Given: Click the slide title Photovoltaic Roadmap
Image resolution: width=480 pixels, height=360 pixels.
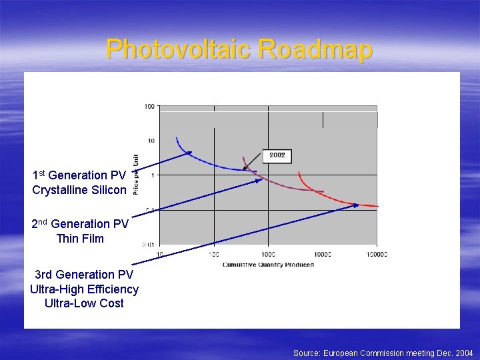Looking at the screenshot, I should click(x=239, y=49).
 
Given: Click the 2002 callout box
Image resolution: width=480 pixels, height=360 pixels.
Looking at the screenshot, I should click(x=277, y=155).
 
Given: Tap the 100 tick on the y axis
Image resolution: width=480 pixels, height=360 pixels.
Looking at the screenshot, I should click(x=149, y=106).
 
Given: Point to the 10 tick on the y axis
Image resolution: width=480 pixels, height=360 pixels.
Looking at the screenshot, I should click(x=151, y=141).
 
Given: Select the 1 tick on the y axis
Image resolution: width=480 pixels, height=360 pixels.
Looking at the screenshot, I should click(x=154, y=175).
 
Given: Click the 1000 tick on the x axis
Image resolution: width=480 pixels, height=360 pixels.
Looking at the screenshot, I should click(x=267, y=254).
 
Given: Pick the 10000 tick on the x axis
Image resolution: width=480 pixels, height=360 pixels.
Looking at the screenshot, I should click(x=322, y=254).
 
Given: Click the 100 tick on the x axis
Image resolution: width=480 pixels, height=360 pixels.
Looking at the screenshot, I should click(x=213, y=254).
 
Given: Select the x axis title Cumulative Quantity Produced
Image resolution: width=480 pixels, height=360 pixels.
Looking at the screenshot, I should click(x=268, y=265).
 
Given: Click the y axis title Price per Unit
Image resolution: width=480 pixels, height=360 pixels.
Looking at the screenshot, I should click(x=136, y=175).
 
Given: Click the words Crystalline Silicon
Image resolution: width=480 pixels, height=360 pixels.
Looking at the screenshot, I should click(x=79, y=190).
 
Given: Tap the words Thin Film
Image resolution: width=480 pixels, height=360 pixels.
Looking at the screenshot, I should click(x=80, y=239).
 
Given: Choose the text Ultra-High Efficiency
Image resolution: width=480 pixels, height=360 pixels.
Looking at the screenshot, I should click(x=84, y=289).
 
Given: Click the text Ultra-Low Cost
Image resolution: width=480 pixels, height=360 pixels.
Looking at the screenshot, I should click(x=84, y=303).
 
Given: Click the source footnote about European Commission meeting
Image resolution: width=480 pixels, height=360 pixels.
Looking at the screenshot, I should click(x=383, y=353).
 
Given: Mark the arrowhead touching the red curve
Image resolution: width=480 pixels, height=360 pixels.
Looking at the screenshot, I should click(x=356, y=205).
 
